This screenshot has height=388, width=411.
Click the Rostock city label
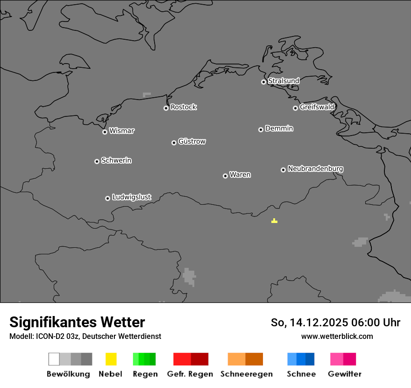[183, 107]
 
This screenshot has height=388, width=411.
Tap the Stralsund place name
[283, 81]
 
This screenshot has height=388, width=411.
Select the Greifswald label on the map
[317, 107]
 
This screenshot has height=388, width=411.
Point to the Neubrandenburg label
[315, 169]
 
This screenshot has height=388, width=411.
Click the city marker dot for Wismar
[105, 132]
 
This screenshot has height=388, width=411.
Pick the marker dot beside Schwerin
[97, 161]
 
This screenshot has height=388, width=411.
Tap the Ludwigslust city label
[131, 197]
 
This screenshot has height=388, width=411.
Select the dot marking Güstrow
[174, 143]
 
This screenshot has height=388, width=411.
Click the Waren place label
[240, 175]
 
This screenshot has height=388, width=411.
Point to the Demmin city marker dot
[261, 129]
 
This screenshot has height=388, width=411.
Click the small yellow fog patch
[274, 221]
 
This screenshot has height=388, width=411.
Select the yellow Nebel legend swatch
[111, 359]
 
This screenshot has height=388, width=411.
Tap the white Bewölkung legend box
[54, 359]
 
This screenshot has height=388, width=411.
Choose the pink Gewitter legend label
[344, 374]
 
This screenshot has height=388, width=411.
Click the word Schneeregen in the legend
[246, 374]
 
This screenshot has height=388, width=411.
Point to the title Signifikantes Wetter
[77, 323]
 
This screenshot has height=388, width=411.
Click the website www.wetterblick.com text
[337, 337]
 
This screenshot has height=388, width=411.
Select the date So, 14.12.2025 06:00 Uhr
[335, 323]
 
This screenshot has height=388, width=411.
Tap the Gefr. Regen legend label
[190, 374]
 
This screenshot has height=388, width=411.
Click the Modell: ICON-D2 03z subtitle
[85, 337]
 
